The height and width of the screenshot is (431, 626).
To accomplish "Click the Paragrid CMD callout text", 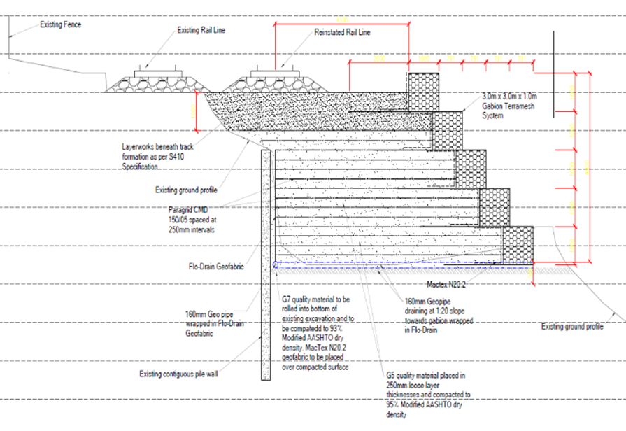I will [x=192, y=219].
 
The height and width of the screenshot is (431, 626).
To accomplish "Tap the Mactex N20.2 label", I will [x=445, y=285].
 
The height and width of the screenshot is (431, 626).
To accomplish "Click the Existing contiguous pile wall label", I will [x=178, y=374].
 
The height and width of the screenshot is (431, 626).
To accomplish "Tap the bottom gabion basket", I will [x=517, y=245].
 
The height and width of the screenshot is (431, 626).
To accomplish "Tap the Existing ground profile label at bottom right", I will [x=572, y=327].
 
